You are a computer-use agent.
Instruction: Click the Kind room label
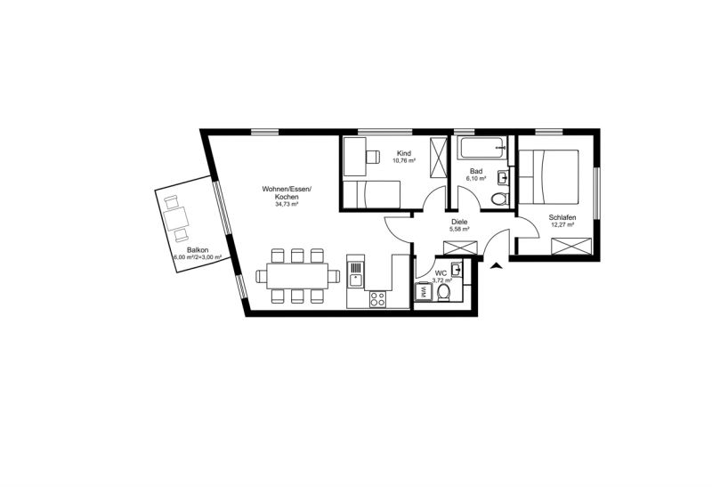[x=404, y=153]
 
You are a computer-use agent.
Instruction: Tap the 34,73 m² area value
[x=286, y=205]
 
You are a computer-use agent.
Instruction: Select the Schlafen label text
[x=562, y=217]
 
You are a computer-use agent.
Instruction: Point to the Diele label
[x=459, y=222]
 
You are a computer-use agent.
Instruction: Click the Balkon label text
[x=198, y=250]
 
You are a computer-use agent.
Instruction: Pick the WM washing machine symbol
[x=423, y=291]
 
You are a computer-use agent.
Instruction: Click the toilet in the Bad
[x=500, y=199]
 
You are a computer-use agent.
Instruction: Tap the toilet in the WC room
[x=443, y=293]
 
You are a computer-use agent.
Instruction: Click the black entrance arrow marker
[x=497, y=266]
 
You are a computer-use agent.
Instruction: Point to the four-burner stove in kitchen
[x=377, y=299]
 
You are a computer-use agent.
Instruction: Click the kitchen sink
[x=355, y=275]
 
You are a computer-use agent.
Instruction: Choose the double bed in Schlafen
[x=549, y=176]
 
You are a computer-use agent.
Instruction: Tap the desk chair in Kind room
[x=372, y=157]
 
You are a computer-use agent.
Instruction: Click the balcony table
[x=176, y=218]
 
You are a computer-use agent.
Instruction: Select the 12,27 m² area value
[x=562, y=224]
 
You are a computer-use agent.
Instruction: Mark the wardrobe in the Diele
[x=460, y=248]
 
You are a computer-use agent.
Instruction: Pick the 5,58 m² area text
[x=459, y=229]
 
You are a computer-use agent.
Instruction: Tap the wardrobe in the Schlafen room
[x=571, y=247]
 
